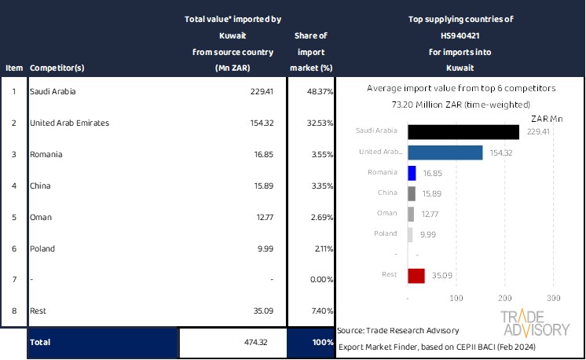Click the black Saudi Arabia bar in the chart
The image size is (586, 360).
click(x=463, y=132)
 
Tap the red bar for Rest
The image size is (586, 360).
click(x=416, y=275)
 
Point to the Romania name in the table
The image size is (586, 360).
click(x=46, y=155)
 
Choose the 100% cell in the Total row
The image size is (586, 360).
click(x=311, y=343)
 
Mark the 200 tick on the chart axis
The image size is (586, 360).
click(x=504, y=299)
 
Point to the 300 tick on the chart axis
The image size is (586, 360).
click(x=553, y=299)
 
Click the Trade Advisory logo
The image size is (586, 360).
click(x=535, y=324)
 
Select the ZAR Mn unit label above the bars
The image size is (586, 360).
click(x=548, y=119)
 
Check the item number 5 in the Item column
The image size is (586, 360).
click(x=13, y=217)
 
